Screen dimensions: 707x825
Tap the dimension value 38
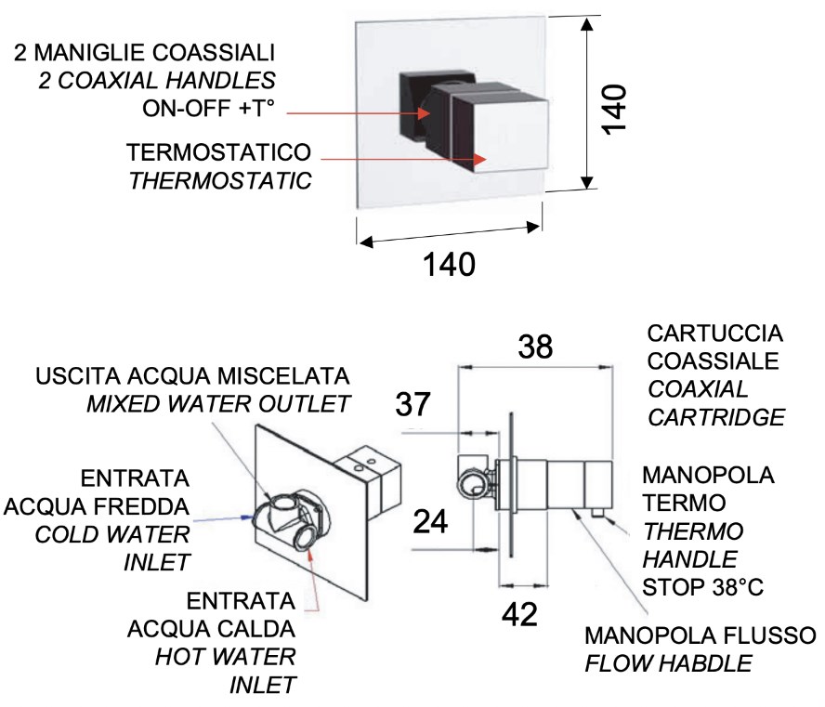(536, 347)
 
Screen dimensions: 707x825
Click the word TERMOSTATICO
(218, 152)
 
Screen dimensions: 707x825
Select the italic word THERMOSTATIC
(220, 179)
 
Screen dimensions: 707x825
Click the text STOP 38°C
(697, 587)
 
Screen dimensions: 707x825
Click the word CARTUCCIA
(714, 334)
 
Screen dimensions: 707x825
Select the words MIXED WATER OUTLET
(218, 404)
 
